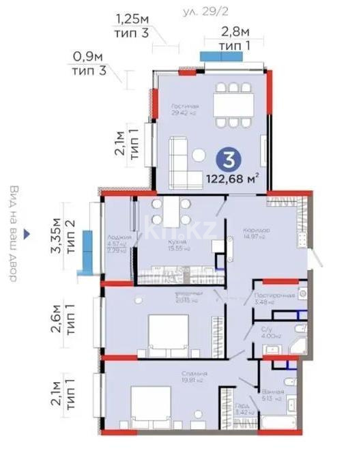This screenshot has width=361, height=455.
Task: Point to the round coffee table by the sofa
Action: coord(199,155)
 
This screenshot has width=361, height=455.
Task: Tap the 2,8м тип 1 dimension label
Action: coord(235,38)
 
